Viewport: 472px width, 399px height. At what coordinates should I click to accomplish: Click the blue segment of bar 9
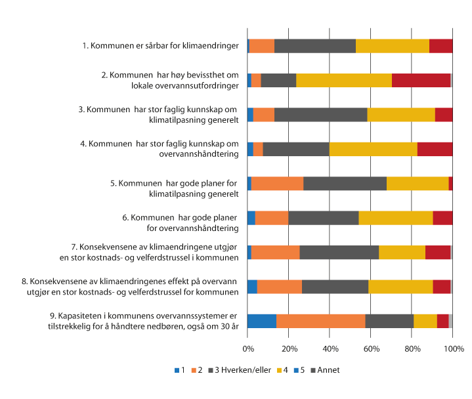pyautogui.click(x=262, y=321)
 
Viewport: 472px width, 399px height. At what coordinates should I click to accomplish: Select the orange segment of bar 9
pyautogui.click(x=320, y=321)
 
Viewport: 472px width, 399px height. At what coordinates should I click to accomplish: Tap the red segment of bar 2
pyautogui.click(x=421, y=80)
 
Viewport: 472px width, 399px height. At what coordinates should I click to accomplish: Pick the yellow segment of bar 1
pyautogui.click(x=392, y=46)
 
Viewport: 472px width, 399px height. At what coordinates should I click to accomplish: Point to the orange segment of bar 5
pyautogui.click(x=277, y=183)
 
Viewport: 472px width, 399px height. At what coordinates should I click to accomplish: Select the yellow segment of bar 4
pyautogui.click(x=373, y=149)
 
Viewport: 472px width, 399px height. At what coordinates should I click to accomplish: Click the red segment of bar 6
pyautogui.click(x=442, y=218)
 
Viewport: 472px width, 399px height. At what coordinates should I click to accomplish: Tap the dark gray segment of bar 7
pyautogui.click(x=339, y=252)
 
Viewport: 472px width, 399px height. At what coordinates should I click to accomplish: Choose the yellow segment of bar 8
pyautogui.click(x=400, y=286)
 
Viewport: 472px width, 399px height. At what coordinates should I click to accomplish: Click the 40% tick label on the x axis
pyautogui.click(x=330, y=348)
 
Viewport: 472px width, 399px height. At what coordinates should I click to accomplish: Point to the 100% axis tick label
pyautogui.click(x=453, y=348)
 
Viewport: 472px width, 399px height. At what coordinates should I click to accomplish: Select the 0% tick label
pyautogui.click(x=247, y=348)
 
